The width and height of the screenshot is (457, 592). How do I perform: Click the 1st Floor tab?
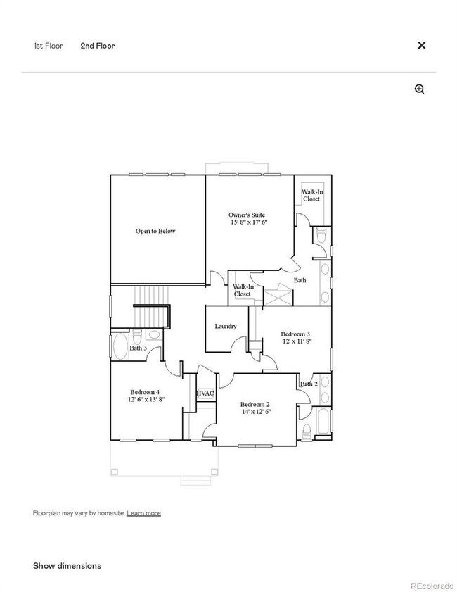[49, 46]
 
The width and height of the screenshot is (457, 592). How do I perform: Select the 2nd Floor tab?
[98, 46]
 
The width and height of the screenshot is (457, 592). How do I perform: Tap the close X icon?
[422, 45]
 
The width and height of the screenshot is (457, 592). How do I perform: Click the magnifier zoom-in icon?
[420, 89]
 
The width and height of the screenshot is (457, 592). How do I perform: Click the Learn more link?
[143, 512]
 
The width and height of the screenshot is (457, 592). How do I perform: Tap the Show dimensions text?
[67, 565]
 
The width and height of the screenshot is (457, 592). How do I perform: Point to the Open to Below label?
[155, 231]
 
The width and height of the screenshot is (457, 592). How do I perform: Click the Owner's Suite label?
[247, 215]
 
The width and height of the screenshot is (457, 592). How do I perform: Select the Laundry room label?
[226, 326]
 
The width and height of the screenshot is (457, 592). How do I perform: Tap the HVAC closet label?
[205, 393]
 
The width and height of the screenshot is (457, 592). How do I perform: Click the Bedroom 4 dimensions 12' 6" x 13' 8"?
[146, 399]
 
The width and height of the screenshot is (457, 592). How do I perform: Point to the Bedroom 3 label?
[295, 334]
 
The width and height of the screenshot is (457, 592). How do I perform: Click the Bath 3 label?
[139, 348]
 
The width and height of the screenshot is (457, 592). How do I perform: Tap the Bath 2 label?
[309, 384]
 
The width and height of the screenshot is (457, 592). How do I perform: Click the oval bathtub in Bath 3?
[121, 346]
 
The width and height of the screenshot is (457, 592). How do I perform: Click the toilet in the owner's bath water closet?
[321, 236]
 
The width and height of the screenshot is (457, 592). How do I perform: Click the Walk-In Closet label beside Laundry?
[243, 290]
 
